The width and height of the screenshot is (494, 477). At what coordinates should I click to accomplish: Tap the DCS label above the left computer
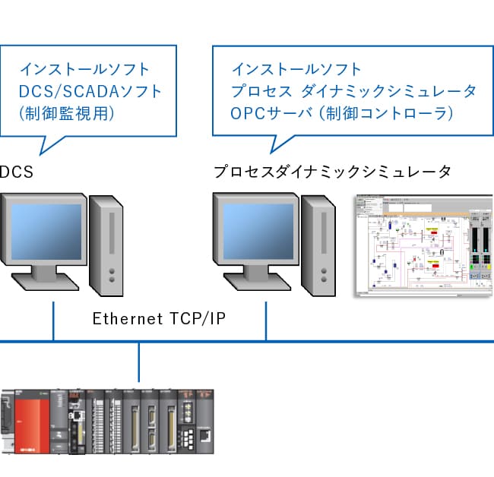pos(16,172)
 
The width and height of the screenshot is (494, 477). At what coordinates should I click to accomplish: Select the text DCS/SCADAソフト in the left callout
pos(90,91)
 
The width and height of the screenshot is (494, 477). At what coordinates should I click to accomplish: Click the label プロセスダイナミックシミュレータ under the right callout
pos(332,172)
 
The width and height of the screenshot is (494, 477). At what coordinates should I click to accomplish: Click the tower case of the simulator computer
pos(318,243)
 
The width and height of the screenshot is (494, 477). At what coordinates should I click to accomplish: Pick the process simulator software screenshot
pos(423,245)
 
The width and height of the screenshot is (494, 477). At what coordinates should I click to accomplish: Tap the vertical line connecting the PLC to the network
pos(139,362)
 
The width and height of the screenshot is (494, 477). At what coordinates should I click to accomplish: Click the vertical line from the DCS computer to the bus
pos(53,321)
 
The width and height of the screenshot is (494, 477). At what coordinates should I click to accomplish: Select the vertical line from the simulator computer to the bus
pos(265,321)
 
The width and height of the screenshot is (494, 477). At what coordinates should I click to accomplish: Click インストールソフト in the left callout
pos(84,70)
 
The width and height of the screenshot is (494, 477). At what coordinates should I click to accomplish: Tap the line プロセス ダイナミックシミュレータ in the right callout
pos(353,91)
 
